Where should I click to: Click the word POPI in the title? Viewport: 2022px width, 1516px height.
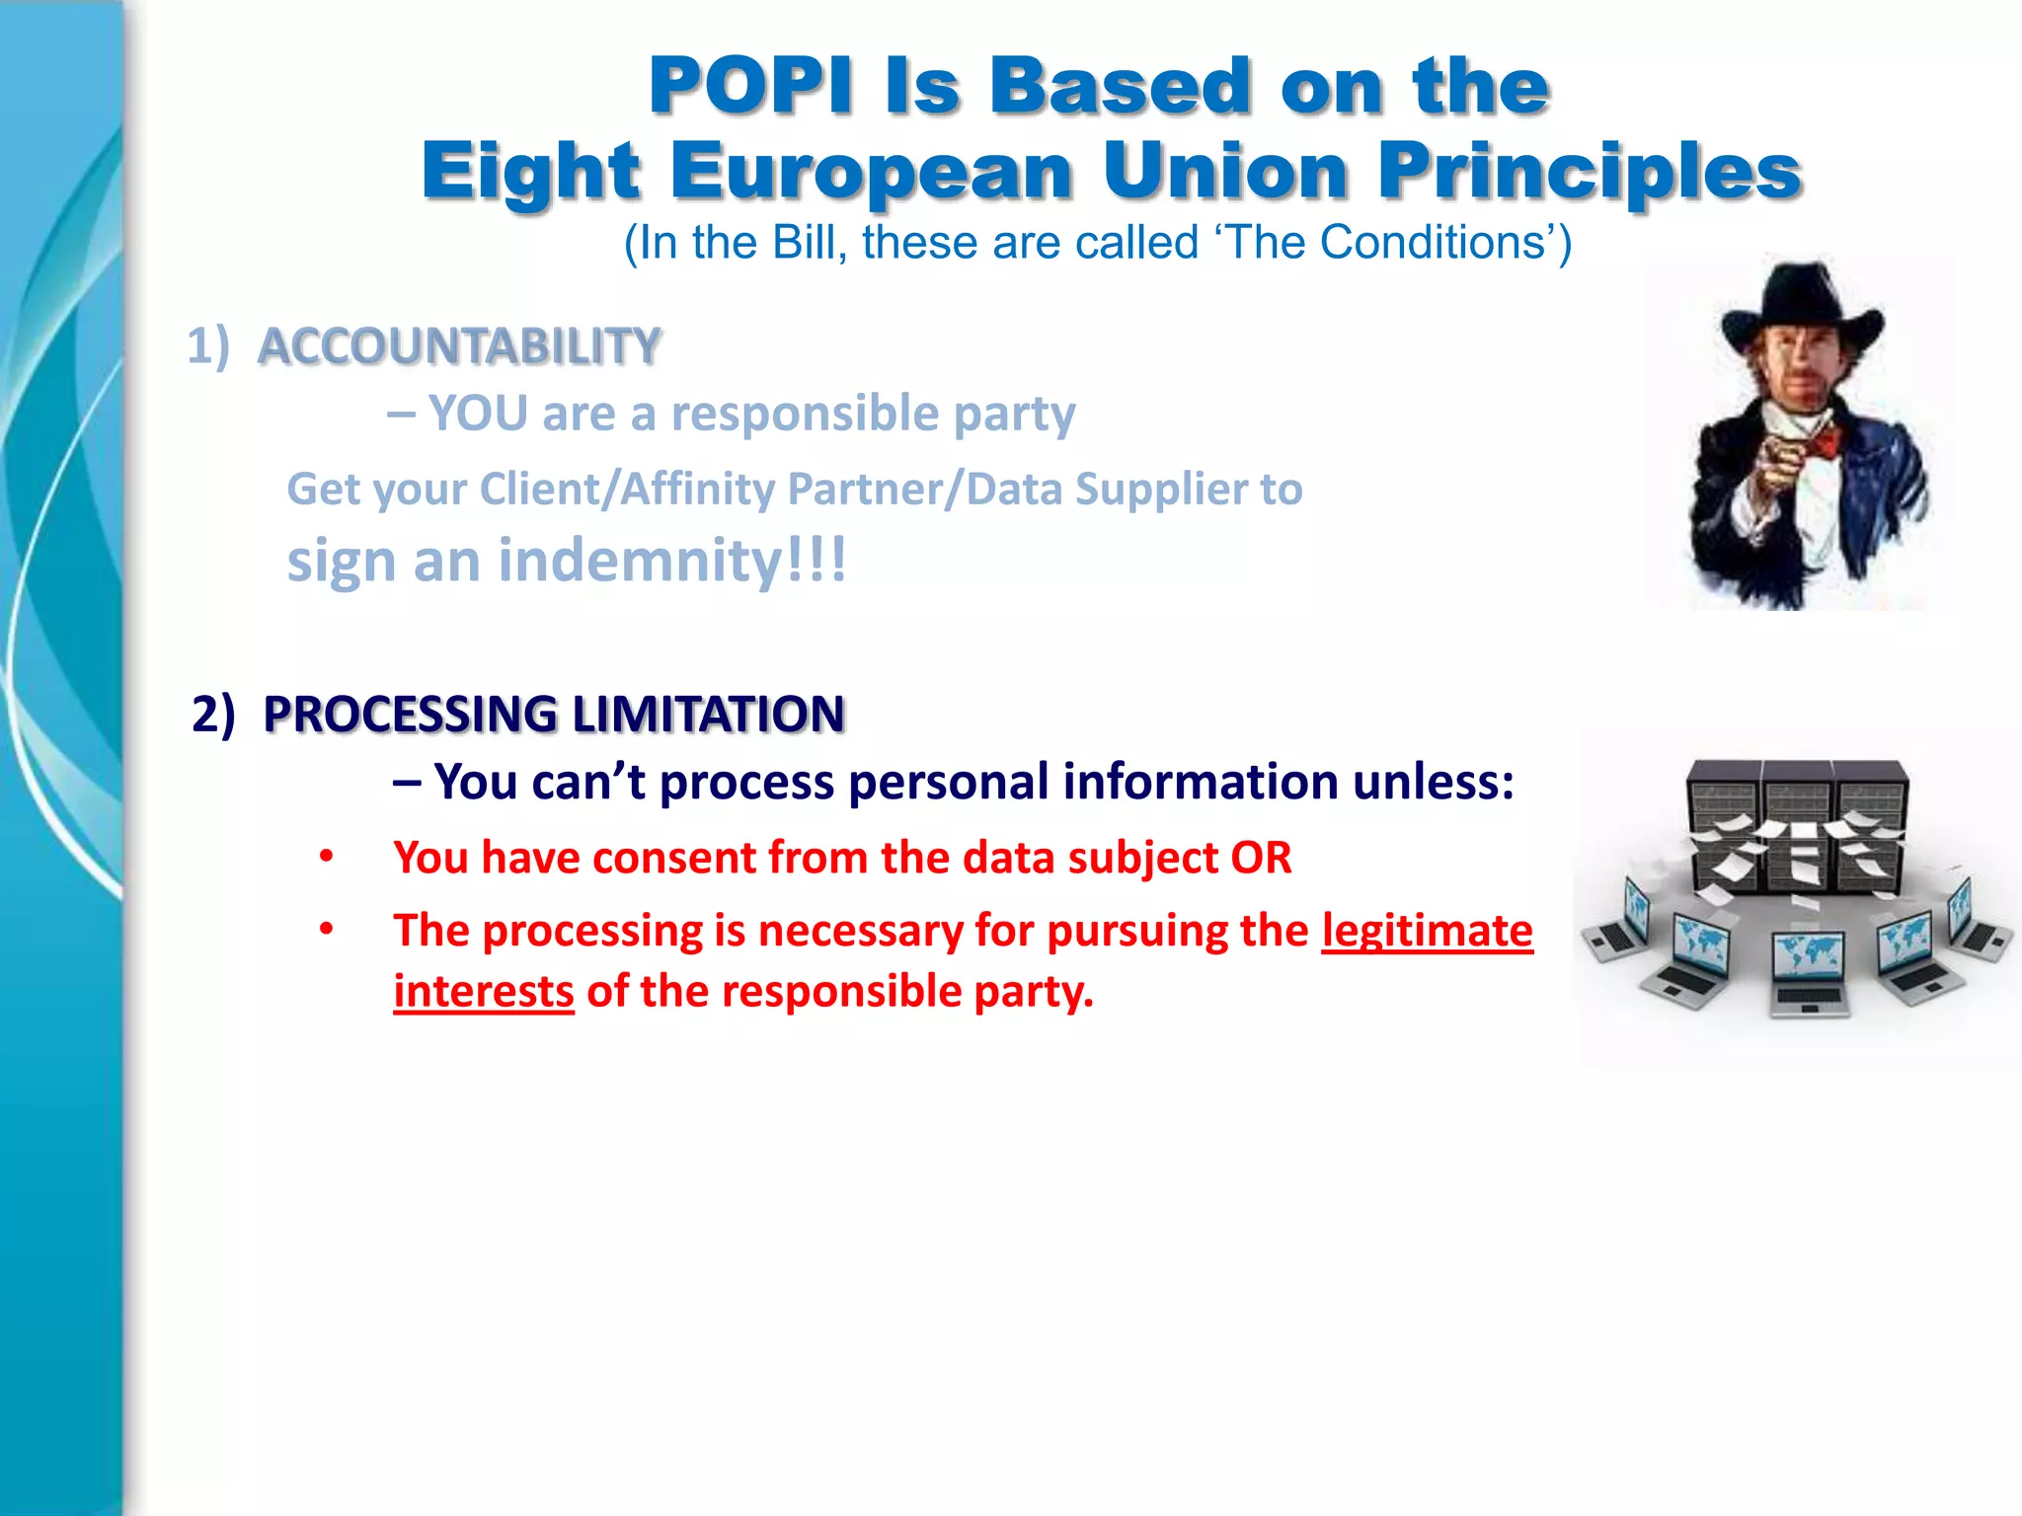750,87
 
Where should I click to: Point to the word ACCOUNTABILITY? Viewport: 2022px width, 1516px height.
459,346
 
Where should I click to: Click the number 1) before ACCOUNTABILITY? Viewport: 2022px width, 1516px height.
208,346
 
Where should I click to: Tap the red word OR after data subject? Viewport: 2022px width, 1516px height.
1261,858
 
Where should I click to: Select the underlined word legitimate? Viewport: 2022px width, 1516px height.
1428,931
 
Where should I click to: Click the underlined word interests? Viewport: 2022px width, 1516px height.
484,992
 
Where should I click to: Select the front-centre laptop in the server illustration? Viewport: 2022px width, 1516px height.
1808,972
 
